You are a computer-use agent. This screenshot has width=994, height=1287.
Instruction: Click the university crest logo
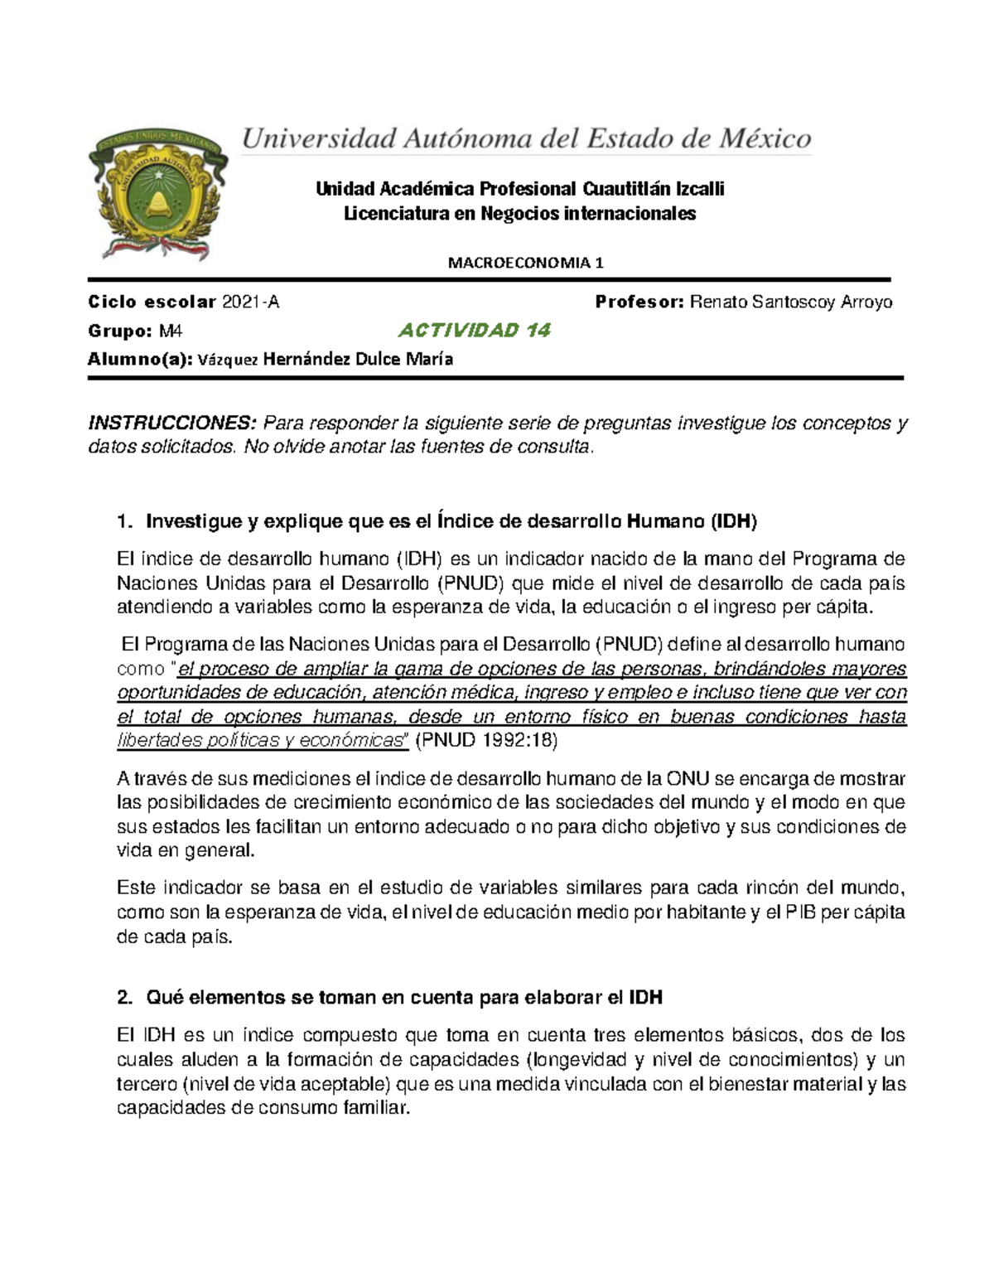tap(157, 193)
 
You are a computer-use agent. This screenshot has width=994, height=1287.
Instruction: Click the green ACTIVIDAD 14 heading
tap(474, 331)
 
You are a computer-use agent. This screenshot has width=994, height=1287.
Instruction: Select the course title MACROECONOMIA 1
tap(526, 264)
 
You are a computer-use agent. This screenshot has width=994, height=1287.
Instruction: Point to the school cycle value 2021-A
tap(250, 302)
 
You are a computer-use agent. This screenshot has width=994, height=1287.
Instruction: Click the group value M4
tap(171, 331)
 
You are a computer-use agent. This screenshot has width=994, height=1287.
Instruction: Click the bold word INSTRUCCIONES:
tap(172, 423)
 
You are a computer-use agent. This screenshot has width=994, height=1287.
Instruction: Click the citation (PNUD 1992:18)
tap(485, 741)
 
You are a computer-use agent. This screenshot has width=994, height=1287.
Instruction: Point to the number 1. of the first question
tap(125, 522)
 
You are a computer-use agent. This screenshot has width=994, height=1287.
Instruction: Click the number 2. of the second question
tap(125, 998)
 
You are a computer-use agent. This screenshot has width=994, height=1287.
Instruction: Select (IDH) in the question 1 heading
tap(733, 522)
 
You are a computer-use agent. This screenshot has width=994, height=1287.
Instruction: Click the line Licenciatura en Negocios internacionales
tap(519, 214)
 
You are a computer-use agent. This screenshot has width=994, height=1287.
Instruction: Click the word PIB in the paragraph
tap(800, 912)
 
